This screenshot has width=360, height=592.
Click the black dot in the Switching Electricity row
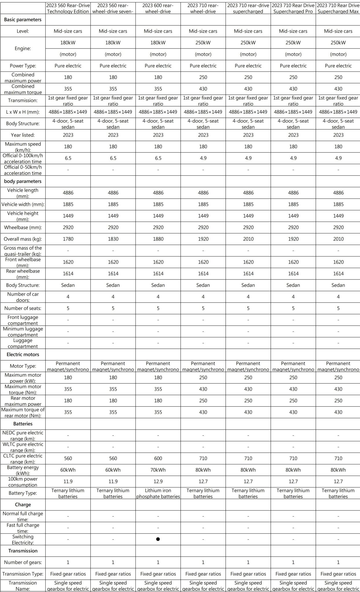pyautogui.click(x=158, y=539)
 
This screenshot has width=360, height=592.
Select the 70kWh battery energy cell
pyautogui.click(x=158, y=470)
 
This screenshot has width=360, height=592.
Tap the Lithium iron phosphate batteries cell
pyautogui.click(x=158, y=493)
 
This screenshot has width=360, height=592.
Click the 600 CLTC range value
pyautogui.click(x=158, y=458)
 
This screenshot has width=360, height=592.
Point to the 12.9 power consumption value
pyautogui.click(x=158, y=481)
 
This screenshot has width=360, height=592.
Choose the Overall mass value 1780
pyautogui.click(x=68, y=239)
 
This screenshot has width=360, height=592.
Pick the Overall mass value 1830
pyautogui.click(x=113, y=239)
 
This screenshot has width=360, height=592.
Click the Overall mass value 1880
pyautogui.click(x=158, y=239)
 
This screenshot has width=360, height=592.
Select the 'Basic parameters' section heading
pyautogui.click(x=23, y=20)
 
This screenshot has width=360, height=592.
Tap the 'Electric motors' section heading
pyautogui.click(x=23, y=354)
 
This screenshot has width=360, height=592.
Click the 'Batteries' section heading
pyautogui.click(x=23, y=424)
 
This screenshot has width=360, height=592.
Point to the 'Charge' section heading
pyautogui.click(x=23, y=504)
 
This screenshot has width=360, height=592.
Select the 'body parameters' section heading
pyautogui.click(x=23, y=181)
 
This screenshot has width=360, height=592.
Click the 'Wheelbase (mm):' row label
pyautogui.click(x=23, y=227)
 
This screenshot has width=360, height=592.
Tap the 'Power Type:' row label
pyautogui.click(x=23, y=66)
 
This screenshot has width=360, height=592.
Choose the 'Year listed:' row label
pyautogui.click(x=23, y=135)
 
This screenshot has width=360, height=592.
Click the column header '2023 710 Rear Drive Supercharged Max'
pyautogui.click(x=338, y=8)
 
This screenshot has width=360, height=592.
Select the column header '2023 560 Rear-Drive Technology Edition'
pyautogui.click(x=68, y=8)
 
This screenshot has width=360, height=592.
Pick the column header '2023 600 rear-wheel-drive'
pyautogui.click(x=158, y=8)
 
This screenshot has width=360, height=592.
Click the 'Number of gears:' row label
pyautogui.click(x=23, y=562)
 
